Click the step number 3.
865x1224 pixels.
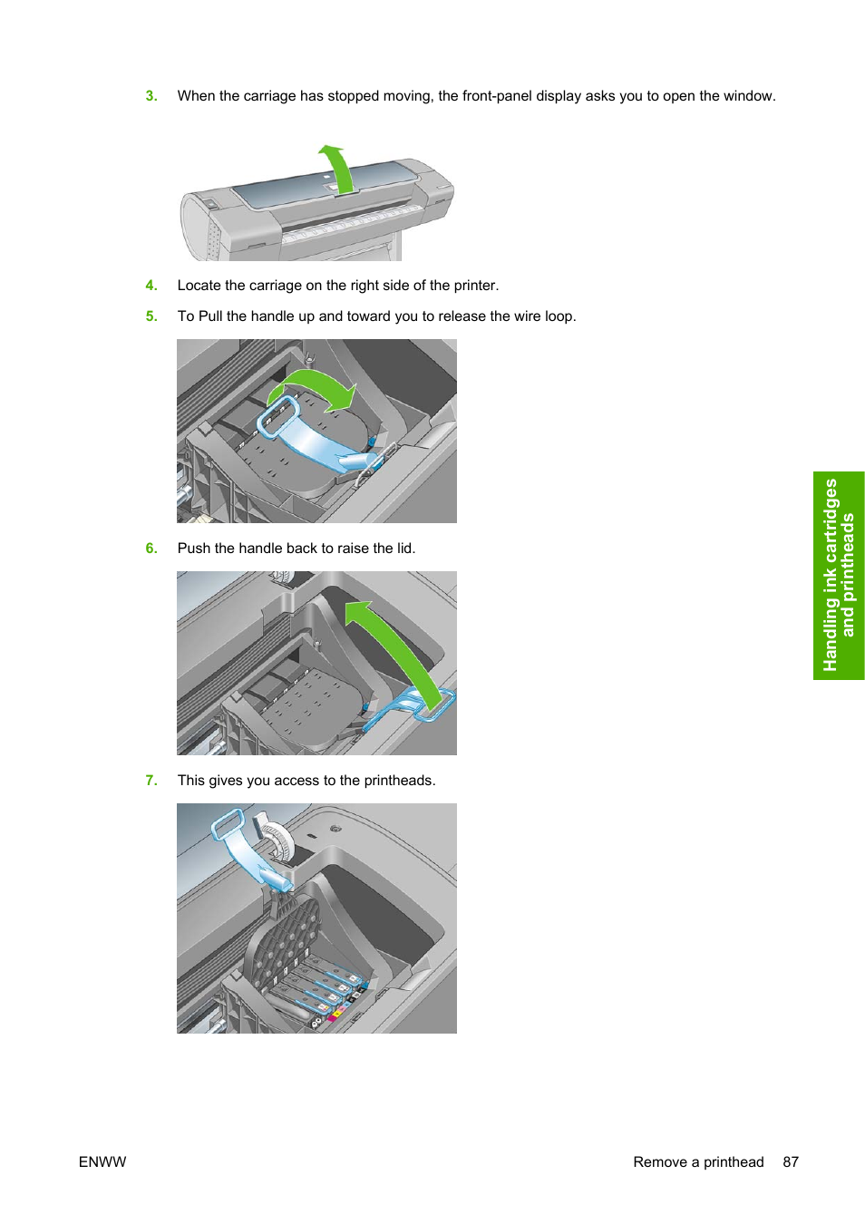pyautogui.click(x=151, y=96)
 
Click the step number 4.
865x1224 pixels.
pyautogui.click(x=151, y=286)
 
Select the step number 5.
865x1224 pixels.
pyautogui.click(x=151, y=316)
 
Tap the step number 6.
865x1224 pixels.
pyautogui.click(x=151, y=549)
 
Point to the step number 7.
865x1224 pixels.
pyautogui.click(x=151, y=781)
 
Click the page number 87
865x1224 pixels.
pyautogui.click(x=791, y=1162)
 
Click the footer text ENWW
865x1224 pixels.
pyautogui.click(x=102, y=1162)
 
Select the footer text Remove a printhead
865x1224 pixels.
pyautogui.click(x=698, y=1162)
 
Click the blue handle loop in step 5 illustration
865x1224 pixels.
pyautogui.click(x=278, y=416)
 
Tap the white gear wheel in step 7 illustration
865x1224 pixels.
pyautogui.click(x=278, y=843)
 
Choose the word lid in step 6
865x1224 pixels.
pyautogui.click(x=404, y=549)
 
